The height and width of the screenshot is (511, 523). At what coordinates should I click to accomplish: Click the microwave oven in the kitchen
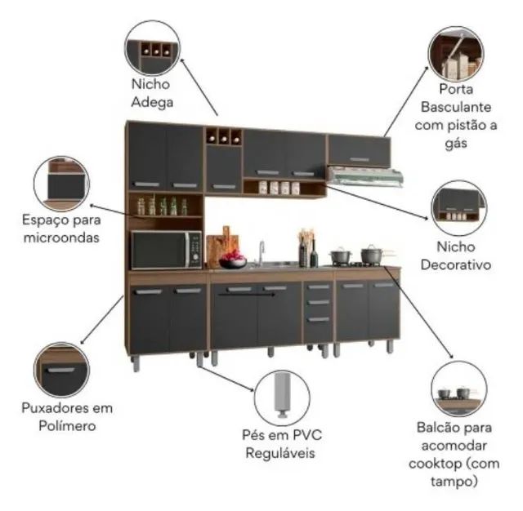click(167, 250)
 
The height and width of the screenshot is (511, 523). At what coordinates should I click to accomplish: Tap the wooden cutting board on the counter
click(222, 246)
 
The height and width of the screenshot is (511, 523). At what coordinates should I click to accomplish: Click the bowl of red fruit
click(233, 260)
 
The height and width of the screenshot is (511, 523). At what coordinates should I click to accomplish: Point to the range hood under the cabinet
click(365, 176)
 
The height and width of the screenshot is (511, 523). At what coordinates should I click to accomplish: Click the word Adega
click(152, 102)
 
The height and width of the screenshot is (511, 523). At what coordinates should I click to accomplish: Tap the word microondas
click(61, 238)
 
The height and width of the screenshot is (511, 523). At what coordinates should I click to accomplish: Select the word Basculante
click(456, 107)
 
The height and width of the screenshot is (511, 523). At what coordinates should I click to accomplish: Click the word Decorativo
click(456, 264)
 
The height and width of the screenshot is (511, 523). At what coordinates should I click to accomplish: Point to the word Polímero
click(67, 426)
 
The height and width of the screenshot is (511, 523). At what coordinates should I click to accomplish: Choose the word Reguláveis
click(280, 453)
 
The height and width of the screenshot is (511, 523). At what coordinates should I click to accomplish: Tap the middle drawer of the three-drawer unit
click(319, 303)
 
